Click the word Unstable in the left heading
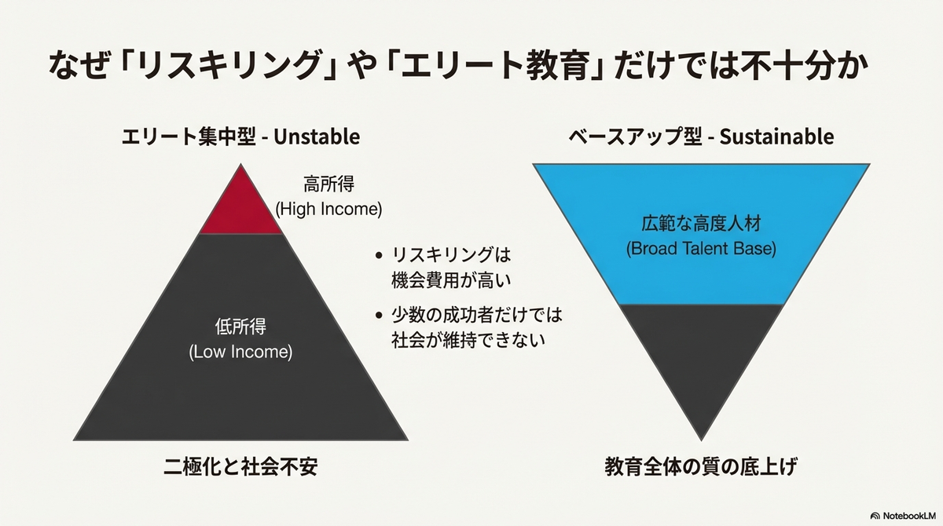click(x=317, y=137)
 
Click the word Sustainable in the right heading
click(x=776, y=137)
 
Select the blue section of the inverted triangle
click(x=701, y=234)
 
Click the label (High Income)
click(x=328, y=209)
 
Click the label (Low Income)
click(x=240, y=352)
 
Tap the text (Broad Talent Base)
click(x=701, y=249)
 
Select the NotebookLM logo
click(x=903, y=516)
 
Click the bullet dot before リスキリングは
click(x=379, y=255)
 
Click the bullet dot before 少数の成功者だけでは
click(x=379, y=315)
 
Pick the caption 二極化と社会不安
click(x=240, y=466)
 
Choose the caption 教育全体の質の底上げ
click(x=701, y=466)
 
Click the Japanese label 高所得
click(x=328, y=184)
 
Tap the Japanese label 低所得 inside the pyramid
click(x=240, y=327)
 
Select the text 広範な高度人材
click(x=701, y=223)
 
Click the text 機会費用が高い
click(x=451, y=280)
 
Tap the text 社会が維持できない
click(x=468, y=340)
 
